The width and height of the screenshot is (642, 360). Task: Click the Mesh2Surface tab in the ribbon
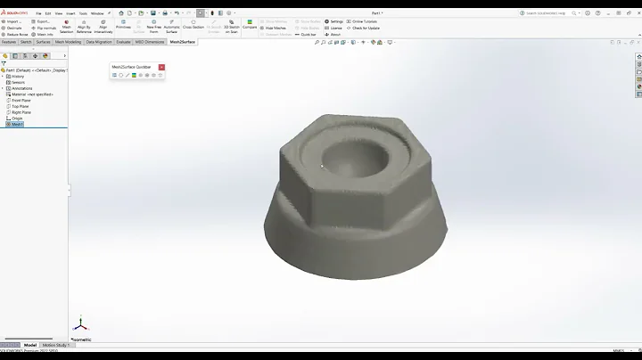click(182, 42)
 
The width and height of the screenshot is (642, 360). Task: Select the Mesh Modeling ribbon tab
click(68, 42)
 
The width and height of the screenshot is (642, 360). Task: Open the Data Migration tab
click(99, 42)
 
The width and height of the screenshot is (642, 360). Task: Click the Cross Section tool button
click(193, 27)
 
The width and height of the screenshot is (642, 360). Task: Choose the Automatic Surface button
click(172, 27)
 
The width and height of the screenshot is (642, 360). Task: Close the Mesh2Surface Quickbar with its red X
click(161, 67)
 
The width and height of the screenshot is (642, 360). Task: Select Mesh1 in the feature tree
click(17, 124)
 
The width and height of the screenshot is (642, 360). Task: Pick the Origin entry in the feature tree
click(17, 119)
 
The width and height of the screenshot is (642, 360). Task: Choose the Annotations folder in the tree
click(21, 88)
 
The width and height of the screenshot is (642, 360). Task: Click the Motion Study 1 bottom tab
click(55, 345)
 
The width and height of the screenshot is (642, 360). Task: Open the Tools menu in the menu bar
click(82, 13)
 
